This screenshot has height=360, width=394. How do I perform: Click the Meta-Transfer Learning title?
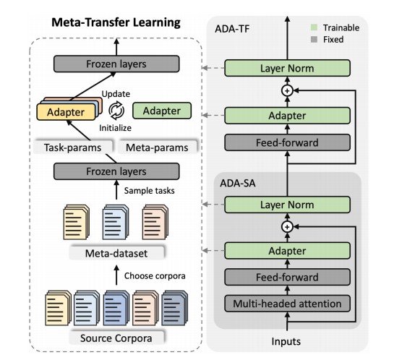[116, 22]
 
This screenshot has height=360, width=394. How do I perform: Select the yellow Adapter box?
[66, 112]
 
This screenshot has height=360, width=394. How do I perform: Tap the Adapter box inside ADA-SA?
[287, 250]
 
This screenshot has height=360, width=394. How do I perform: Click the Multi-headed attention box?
[287, 304]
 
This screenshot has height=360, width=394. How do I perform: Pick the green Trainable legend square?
[314, 27]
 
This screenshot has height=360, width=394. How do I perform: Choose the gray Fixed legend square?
[314, 39]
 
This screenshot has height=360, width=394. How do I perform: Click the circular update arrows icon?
[116, 111]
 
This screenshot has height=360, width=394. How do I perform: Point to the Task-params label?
[72, 147]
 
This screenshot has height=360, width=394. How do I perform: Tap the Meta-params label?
[157, 147]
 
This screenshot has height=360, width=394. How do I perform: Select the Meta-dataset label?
[116, 253]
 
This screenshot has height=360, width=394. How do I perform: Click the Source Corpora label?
[116, 338]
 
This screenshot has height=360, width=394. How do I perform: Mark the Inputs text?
[286, 341]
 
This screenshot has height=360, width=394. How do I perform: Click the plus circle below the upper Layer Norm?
[287, 90]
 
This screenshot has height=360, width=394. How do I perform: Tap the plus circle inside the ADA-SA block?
[287, 227]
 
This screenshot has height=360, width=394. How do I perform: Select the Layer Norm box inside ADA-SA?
[287, 205]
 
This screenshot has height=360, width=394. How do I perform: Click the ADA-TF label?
[232, 29]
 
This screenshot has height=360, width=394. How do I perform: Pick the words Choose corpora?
[155, 276]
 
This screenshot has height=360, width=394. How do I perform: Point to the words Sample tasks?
[149, 191]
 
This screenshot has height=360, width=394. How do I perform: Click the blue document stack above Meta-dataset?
[116, 222]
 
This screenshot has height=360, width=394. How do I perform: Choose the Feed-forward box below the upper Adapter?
[287, 142]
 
